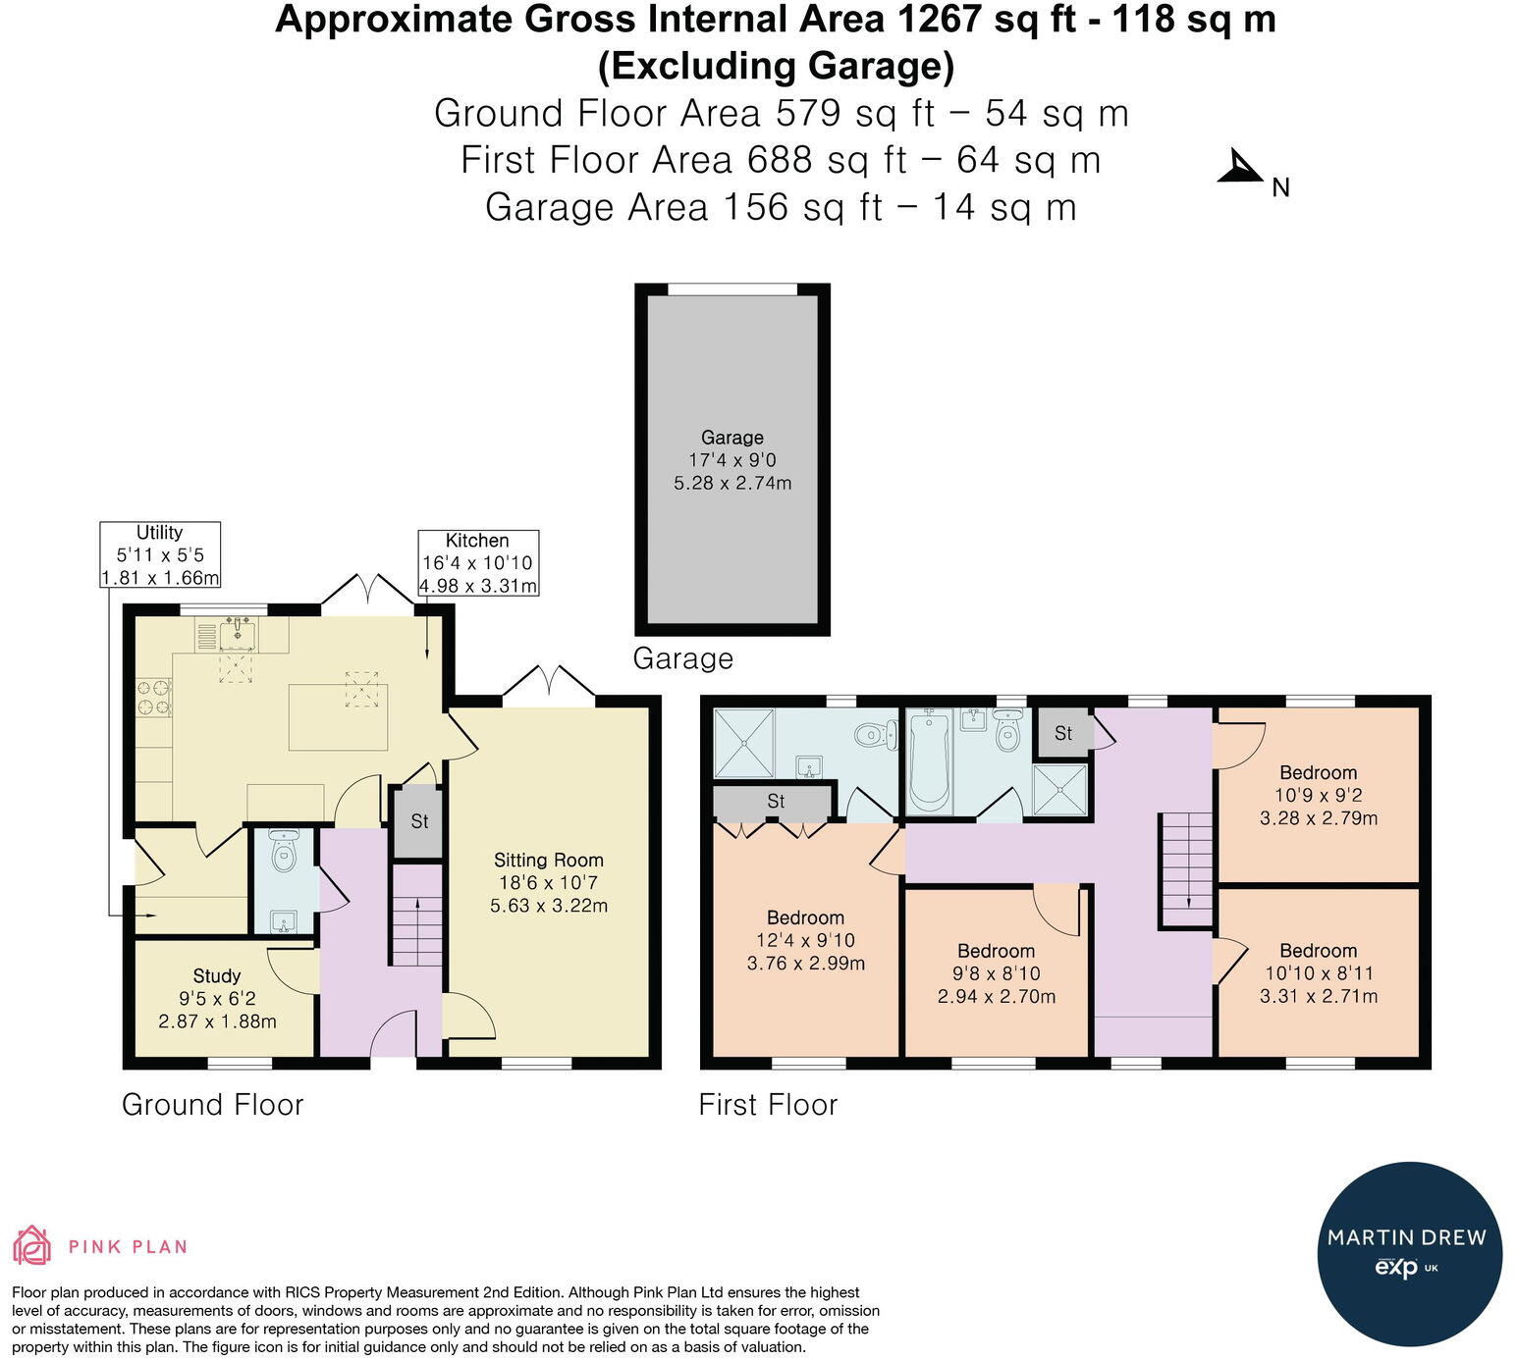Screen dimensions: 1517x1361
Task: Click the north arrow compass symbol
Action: pos(1241,168)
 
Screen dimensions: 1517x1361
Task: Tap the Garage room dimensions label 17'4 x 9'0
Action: pos(731,460)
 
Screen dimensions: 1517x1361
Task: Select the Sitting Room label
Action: pos(548,860)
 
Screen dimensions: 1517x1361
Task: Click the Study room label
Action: pos(216,975)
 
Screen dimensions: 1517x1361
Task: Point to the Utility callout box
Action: pos(160,554)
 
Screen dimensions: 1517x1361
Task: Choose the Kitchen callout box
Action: pos(478,562)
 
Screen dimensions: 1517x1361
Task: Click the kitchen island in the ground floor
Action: pos(339,716)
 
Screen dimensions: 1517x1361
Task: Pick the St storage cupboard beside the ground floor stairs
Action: pos(418,821)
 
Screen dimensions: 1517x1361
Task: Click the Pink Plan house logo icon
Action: pos(32,1246)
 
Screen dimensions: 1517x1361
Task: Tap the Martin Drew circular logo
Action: pos(1409,1254)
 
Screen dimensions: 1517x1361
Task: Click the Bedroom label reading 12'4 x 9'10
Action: pos(806,940)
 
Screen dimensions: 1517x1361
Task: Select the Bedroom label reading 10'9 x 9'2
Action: pos(1318,795)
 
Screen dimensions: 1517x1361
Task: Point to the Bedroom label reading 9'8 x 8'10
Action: pos(996,973)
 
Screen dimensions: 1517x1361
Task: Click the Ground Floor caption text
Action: pos(213,1104)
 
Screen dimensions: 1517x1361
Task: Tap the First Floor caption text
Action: pos(768,1104)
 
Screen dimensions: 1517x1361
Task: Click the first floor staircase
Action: pos(1186,870)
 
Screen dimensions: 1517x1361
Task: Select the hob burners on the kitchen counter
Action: pos(153,697)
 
